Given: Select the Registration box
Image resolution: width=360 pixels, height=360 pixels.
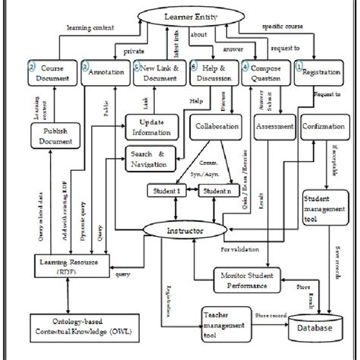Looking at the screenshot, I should [x=317, y=76].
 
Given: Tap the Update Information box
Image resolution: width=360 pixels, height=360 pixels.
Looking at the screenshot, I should [x=149, y=128].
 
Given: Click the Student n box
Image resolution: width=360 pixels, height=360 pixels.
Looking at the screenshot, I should [x=219, y=192].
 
